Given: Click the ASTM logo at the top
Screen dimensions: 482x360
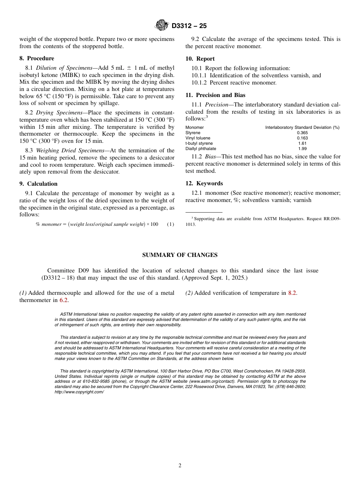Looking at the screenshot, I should click(x=162, y=25).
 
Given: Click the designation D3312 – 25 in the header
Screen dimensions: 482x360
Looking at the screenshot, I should click(x=189, y=26).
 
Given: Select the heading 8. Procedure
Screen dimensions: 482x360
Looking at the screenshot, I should click(x=37, y=58).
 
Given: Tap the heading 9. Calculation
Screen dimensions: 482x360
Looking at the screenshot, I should click(x=38, y=184).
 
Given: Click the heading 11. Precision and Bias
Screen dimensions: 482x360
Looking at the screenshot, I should click(x=215, y=95).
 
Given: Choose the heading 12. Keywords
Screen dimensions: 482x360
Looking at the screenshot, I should click(x=204, y=183).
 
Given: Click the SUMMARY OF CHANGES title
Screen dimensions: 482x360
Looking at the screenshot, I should click(x=180, y=255).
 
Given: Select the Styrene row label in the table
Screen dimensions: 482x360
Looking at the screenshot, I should click(x=193, y=133).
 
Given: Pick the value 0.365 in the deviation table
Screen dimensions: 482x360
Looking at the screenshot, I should click(x=302, y=133).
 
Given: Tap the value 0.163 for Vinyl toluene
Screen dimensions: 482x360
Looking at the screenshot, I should click(x=302, y=138).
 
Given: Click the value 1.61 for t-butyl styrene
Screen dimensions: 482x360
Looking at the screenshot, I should click(x=302, y=144).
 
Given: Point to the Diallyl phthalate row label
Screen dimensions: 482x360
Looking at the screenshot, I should click(x=201, y=149).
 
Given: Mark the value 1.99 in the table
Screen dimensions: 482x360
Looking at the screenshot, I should click(x=302, y=149).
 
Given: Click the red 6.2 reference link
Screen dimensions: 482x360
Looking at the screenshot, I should click(x=64, y=300).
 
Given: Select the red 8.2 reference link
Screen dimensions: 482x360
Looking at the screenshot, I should click(x=292, y=293).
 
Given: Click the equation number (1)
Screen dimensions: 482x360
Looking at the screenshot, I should click(x=171, y=224).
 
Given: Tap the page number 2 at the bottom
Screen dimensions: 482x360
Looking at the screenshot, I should click(x=180, y=466).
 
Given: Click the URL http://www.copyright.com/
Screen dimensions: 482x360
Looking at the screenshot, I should click(x=79, y=392).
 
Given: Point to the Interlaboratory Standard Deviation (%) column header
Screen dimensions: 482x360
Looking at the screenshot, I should click(x=302, y=127).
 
